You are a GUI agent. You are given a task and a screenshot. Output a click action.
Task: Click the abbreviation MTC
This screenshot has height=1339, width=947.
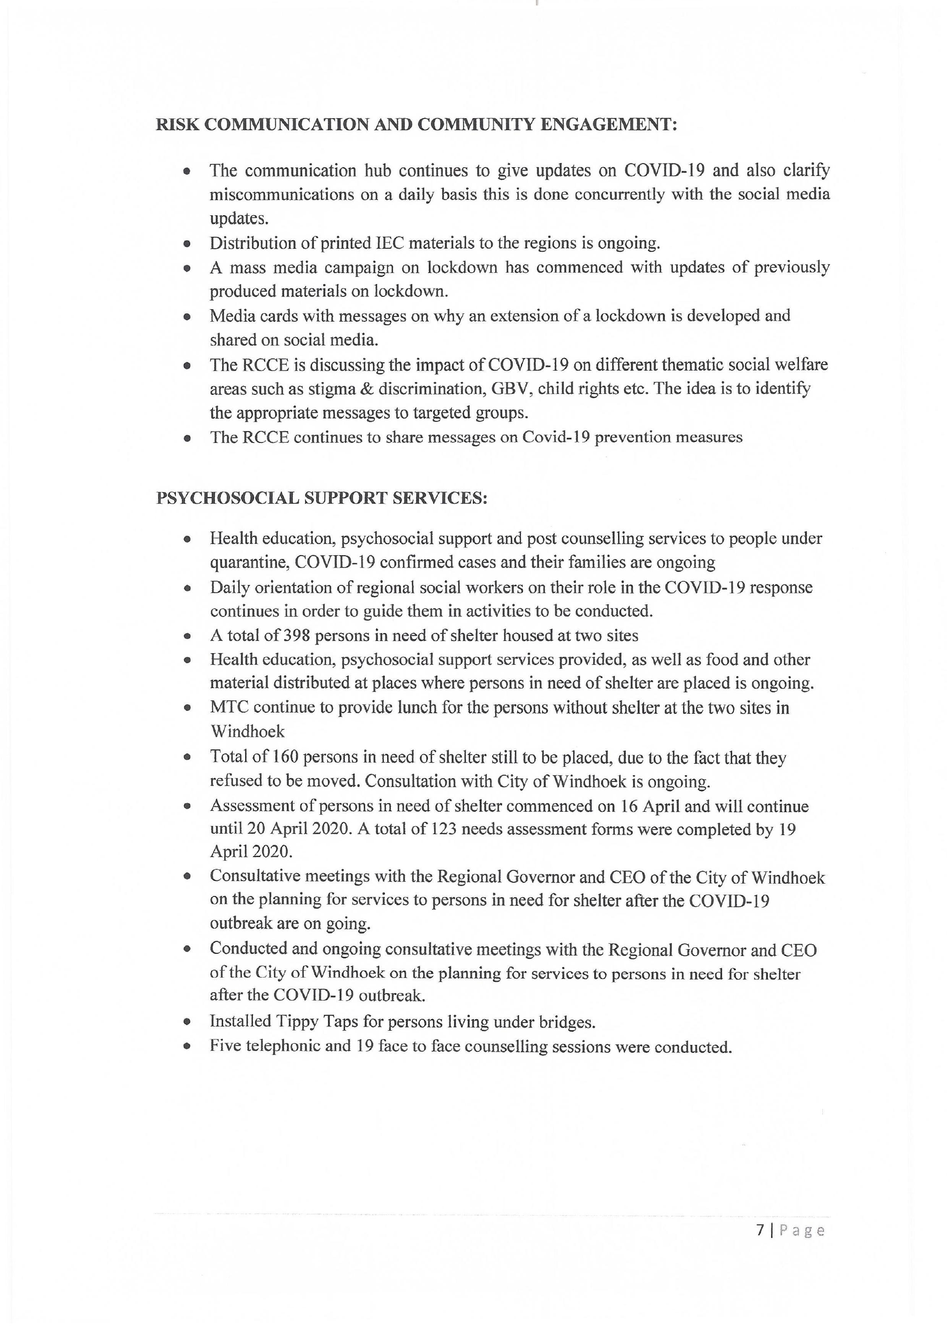tap(229, 707)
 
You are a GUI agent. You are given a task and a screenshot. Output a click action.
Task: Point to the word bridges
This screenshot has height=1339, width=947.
tap(569, 1022)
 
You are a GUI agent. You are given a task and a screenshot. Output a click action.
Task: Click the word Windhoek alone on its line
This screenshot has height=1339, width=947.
tap(247, 731)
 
